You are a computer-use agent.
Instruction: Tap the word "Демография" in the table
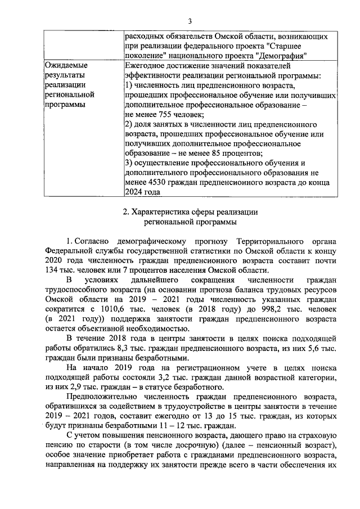tap(281, 56)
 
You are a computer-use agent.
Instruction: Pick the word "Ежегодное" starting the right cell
tap(146, 66)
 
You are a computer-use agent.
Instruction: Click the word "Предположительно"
tap(103, 397)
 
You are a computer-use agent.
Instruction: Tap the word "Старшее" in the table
tap(287, 46)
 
